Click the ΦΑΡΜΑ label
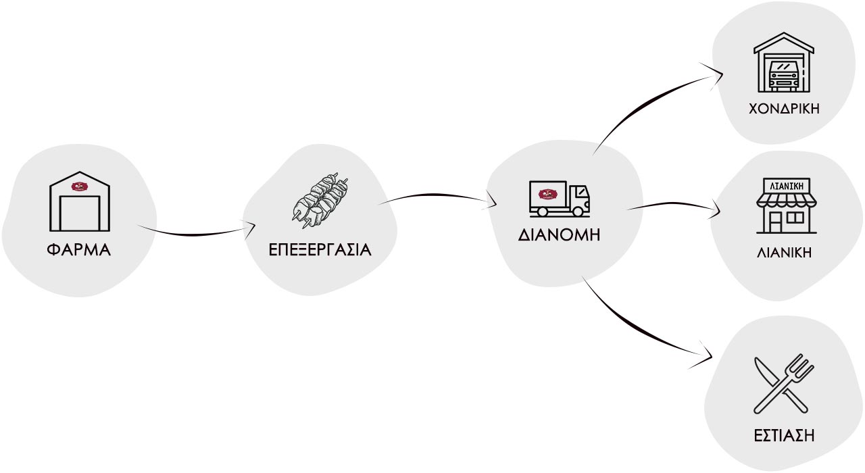[x=78, y=250]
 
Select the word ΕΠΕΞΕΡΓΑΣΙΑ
[x=320, y=250]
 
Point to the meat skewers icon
[x=321, y=199]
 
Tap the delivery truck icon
[x=559, y=199]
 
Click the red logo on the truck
[x=545, y=195]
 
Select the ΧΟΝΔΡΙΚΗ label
[x=784, y=109]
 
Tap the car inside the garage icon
[x=784, y=75]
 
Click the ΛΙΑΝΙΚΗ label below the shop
[x=784, y=253]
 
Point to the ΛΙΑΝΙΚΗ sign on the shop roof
[x=786, y=184]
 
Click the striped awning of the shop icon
[x=786, y=199]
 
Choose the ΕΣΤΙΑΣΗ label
[x=784, y=436]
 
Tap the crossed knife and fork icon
[x=784, y=383]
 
